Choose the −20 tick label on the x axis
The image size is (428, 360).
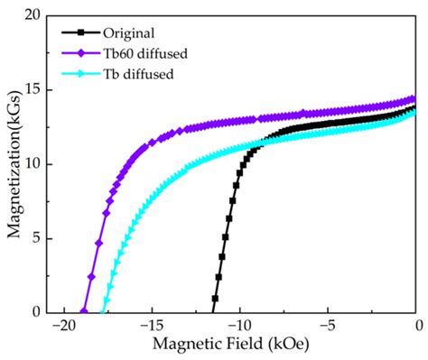[62, 326]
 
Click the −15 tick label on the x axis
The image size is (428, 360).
[151, 326]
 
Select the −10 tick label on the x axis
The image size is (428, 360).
[239, 326]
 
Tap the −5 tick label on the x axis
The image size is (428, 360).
[329, 326]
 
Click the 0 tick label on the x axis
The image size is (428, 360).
[417, 326]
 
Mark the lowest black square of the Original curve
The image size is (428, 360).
[215, 298]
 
